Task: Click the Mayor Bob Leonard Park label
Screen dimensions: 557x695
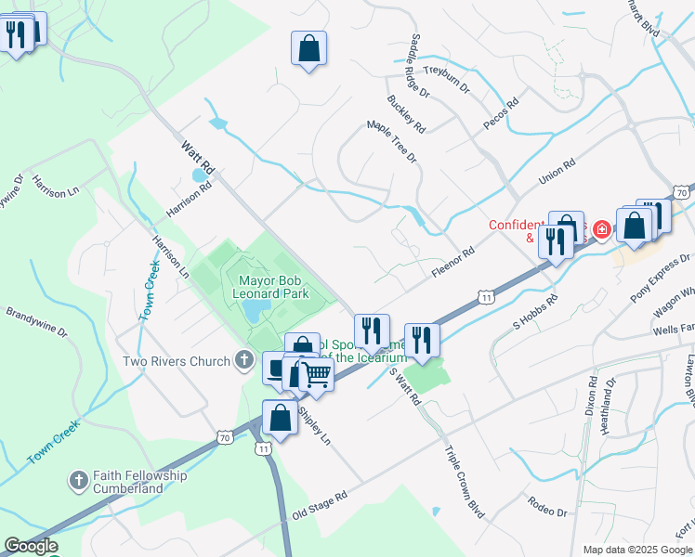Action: click(x=273, y=286)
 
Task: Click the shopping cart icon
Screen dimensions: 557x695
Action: click(x=318, y=376)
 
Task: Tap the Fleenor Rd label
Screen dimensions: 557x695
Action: click(x=453, y=263)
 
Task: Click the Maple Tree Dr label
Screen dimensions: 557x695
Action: click(x=392, y=140)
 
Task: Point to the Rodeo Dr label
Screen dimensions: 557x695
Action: click(x=546, y=506)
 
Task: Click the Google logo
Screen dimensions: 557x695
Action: click(x=31, y=546)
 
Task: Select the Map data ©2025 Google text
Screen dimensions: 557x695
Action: click(x=637, y=550)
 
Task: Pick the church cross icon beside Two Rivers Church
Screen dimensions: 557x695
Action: click(x=244, y=360)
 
